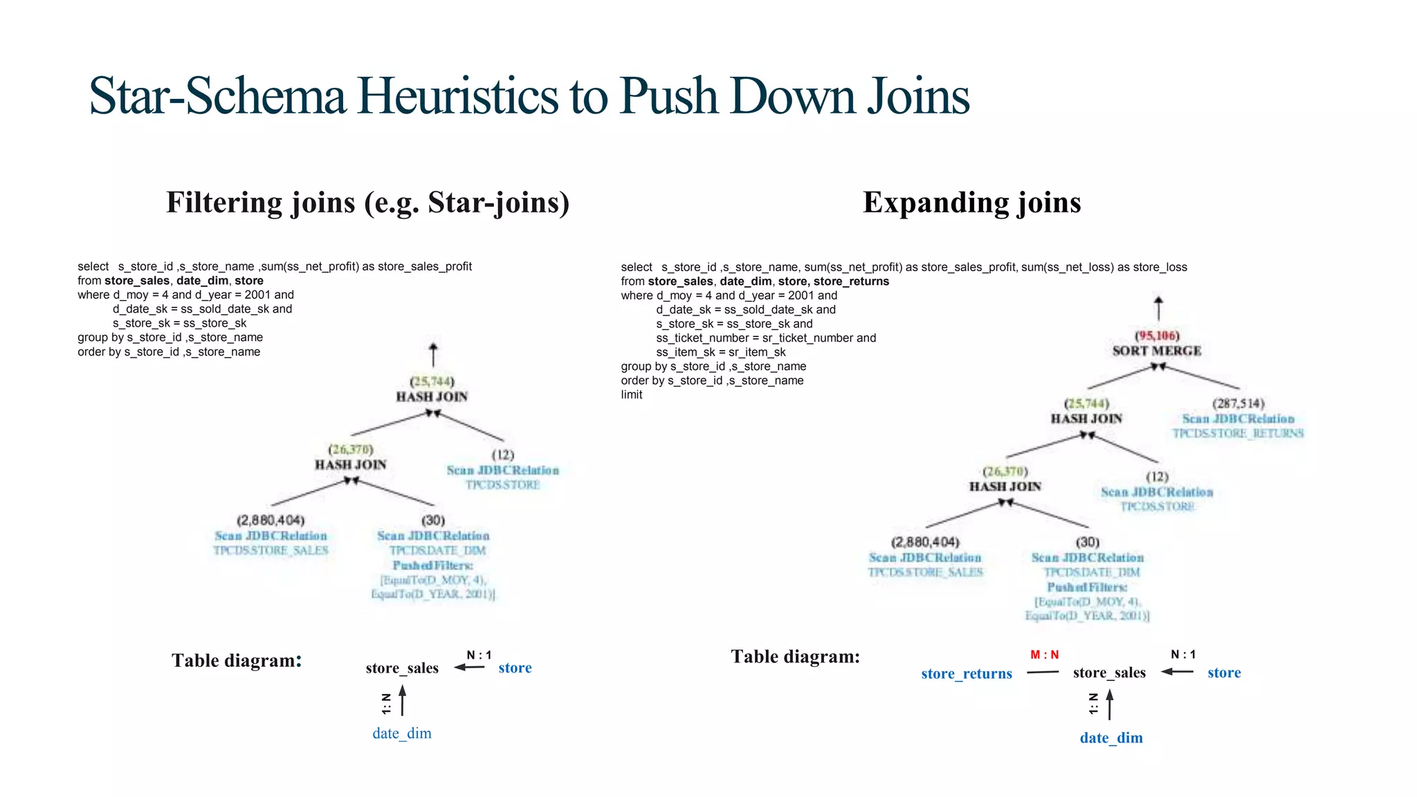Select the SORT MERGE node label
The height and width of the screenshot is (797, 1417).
click(1156, 351)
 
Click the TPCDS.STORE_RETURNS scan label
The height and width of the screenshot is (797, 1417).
click(1237, 434)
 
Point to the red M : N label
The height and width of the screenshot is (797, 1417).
click(1044, 654)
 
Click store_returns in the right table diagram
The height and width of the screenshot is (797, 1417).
click(966, 673)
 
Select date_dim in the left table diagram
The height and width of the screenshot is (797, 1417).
click(401, 733)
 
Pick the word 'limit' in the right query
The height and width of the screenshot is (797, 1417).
click(632, 395)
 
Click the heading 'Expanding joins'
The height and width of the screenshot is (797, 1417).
click(971, 202)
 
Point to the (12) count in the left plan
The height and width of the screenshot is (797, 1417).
click(503, 455)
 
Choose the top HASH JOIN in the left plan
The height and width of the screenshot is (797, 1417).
click(432, 396)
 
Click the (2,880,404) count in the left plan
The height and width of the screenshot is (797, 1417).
click(271, 520)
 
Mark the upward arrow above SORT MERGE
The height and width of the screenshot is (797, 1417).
click(1158, 309)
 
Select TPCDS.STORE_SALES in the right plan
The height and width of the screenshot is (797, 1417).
click(925, 572)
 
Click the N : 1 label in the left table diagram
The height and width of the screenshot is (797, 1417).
click(479, 655)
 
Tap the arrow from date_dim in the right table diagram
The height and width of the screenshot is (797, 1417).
click(1109, 704)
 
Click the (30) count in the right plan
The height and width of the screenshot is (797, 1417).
click(1087, 542)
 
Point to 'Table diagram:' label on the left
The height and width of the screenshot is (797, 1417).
click(237, 660)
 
